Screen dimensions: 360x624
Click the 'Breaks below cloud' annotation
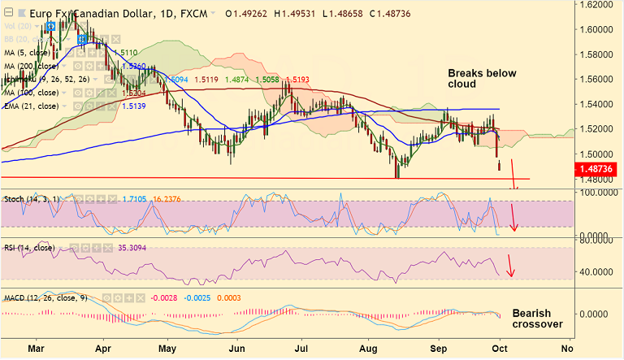click(482, 79)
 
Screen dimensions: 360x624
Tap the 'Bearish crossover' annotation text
click(538, 318)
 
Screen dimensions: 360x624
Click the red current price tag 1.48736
click(599, 168)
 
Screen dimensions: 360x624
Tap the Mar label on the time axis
click(36, 348)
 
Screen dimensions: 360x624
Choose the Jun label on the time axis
click(238, 348)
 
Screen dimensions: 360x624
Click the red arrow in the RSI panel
click(509, 266)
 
